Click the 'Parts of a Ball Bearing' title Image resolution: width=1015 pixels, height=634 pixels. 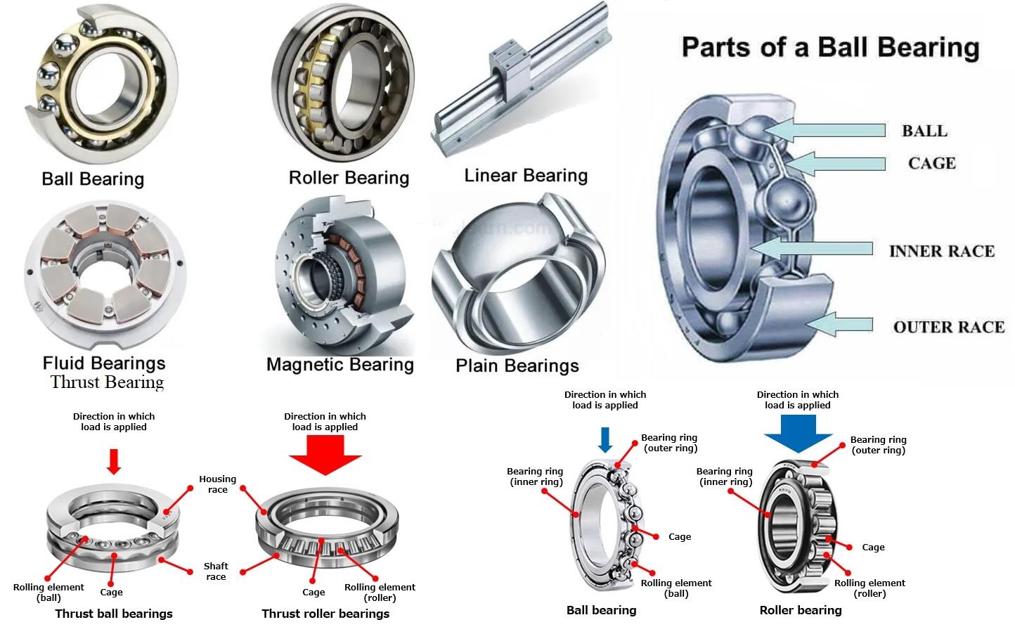point(830,48)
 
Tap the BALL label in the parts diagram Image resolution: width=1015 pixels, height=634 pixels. point(924,131)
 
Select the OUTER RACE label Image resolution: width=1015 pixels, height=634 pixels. point(948,327)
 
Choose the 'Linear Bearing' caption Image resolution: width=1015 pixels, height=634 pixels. point(526,176)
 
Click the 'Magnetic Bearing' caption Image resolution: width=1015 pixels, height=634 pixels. point(340,365)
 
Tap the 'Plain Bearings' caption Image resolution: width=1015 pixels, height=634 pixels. point(517,366)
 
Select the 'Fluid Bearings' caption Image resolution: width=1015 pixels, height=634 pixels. point(104,363)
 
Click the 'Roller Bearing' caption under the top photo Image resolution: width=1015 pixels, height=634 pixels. point(349,178)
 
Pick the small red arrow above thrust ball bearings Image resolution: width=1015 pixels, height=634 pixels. point(114,460)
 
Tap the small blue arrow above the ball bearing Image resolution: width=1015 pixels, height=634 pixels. point(605,440)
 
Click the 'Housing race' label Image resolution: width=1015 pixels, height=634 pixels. point(217,484)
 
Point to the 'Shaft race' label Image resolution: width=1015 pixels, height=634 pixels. point(216,571)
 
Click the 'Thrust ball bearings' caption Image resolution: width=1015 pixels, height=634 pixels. point(114,614)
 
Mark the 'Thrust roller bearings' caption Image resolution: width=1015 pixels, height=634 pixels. point(325,614)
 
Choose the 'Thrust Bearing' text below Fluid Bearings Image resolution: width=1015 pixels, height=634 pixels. point(107,382)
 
